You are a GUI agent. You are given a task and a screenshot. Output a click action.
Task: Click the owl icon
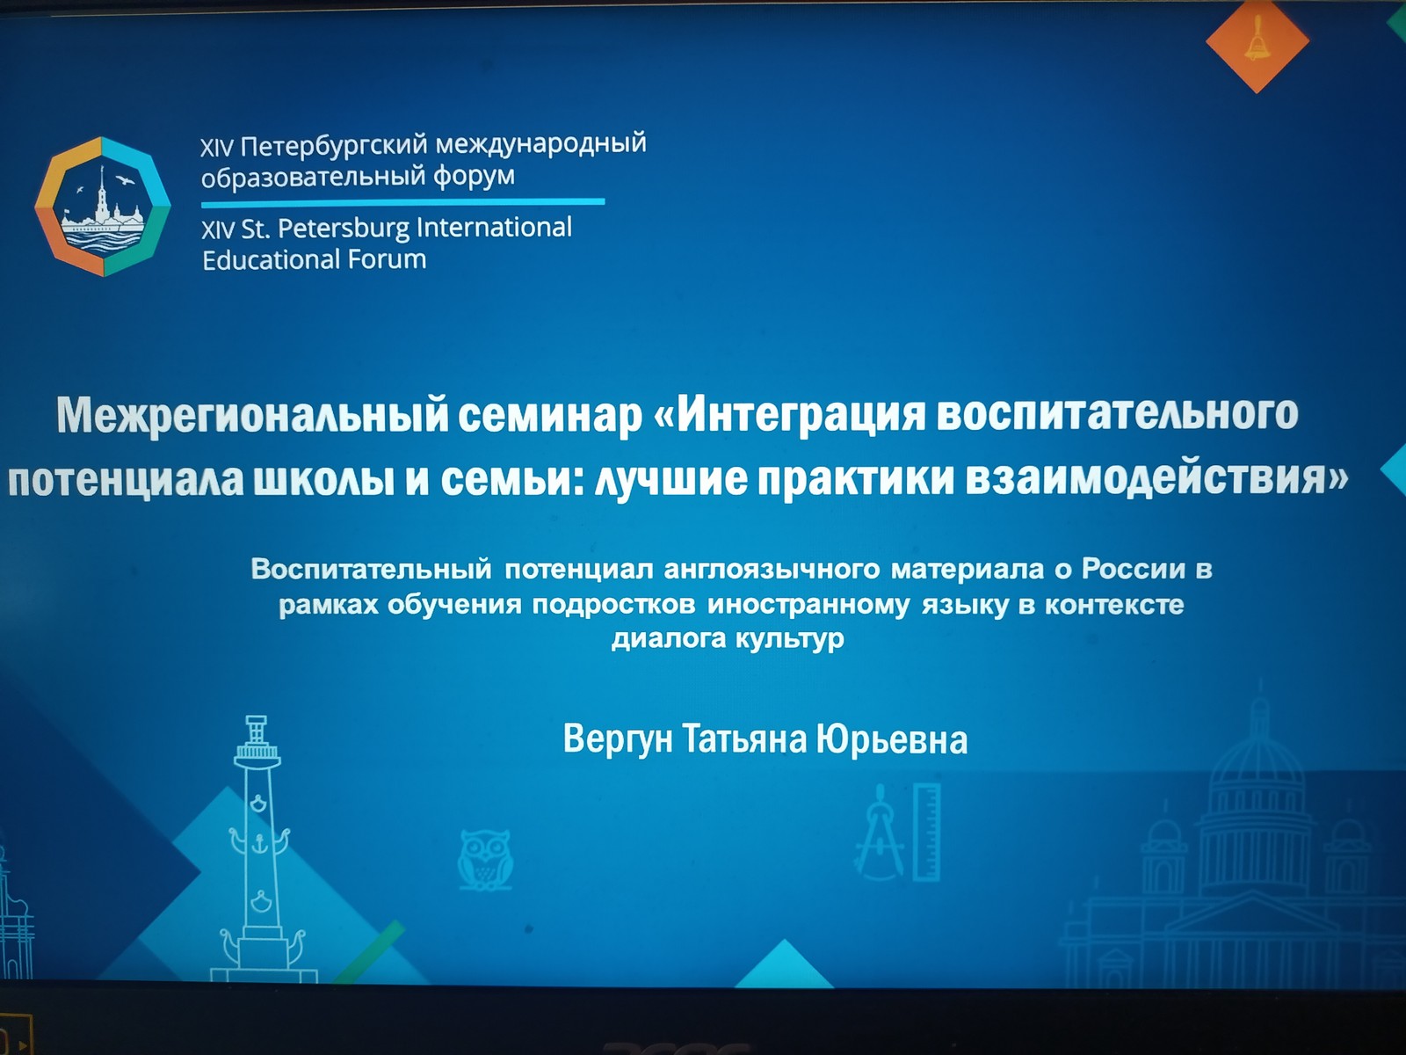(x=486, y=861)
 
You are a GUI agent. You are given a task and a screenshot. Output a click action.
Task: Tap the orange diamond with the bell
(x=1257, y=41)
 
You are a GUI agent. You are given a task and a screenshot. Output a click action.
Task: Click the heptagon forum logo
(x=103, y=207)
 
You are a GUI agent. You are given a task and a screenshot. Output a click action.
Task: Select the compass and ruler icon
(x=899, y=832)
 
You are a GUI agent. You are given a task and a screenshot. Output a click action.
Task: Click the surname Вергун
(x=618, y=739)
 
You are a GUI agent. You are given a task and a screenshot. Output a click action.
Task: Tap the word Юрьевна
(x=892, y=740)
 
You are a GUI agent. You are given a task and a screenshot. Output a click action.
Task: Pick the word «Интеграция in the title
(x=789, y=415)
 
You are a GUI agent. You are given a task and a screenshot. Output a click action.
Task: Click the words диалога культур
(x=728, y=638)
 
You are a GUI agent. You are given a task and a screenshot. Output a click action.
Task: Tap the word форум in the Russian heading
(x=474, y=175)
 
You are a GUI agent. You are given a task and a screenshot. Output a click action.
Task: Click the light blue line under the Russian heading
(x=402, y=203)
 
